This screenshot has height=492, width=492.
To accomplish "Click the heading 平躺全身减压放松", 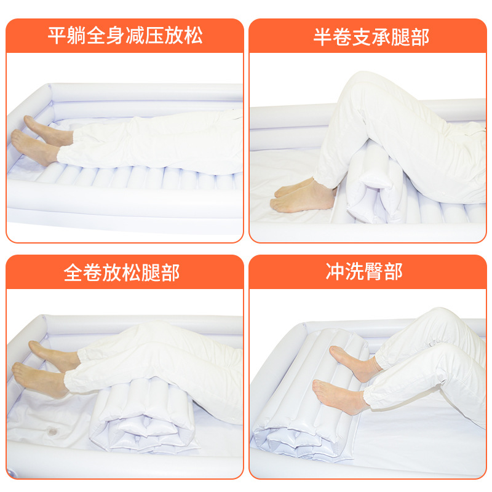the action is (x=125, y=36).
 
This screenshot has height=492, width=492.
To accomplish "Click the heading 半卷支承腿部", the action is (x=371, y=38).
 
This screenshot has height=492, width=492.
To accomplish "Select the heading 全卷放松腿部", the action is (x=121, y=272).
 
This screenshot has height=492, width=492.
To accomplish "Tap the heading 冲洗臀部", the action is (x=364, y=271).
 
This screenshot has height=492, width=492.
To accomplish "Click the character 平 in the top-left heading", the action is (x=57, y=36).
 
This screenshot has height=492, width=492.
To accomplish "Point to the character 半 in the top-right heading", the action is (x=322, y=38).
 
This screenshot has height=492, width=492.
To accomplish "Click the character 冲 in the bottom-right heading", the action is (x=335, y=271).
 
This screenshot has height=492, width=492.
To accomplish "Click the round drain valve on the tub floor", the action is (x=52, y=432).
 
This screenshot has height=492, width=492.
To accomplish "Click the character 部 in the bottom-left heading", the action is (x=170, y=272).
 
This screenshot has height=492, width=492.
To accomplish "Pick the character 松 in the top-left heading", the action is (x=193, y=36).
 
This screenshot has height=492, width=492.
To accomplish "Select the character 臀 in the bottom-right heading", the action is (x=374, y=271).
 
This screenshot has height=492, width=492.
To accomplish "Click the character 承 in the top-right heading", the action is (x=381, y=38).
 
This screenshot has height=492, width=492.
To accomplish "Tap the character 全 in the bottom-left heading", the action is (x=73, y=272).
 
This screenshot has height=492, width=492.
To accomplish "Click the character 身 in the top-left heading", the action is (x=115, y=36).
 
